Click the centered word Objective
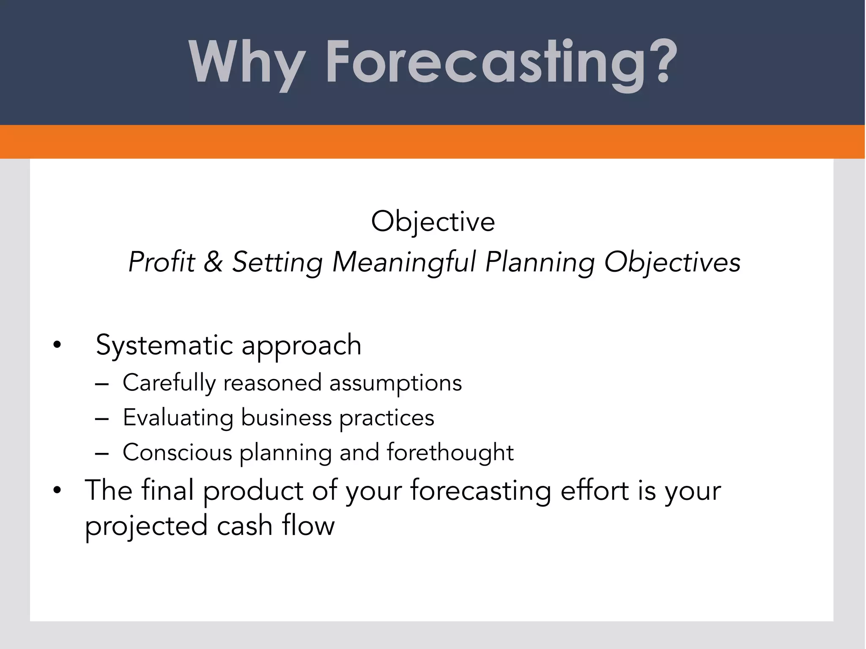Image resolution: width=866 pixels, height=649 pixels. pos(433,222)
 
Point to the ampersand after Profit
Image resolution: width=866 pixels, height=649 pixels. pos(213,262)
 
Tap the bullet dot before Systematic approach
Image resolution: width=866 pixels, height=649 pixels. pos(57,346)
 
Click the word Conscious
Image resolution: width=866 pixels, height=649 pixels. pos(177,453)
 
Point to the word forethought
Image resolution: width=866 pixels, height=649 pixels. pos(450,452)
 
